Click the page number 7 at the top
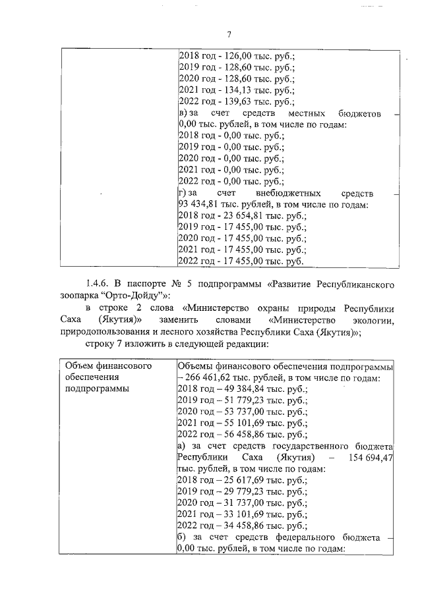click(227, 34)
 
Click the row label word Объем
click(78, 366)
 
